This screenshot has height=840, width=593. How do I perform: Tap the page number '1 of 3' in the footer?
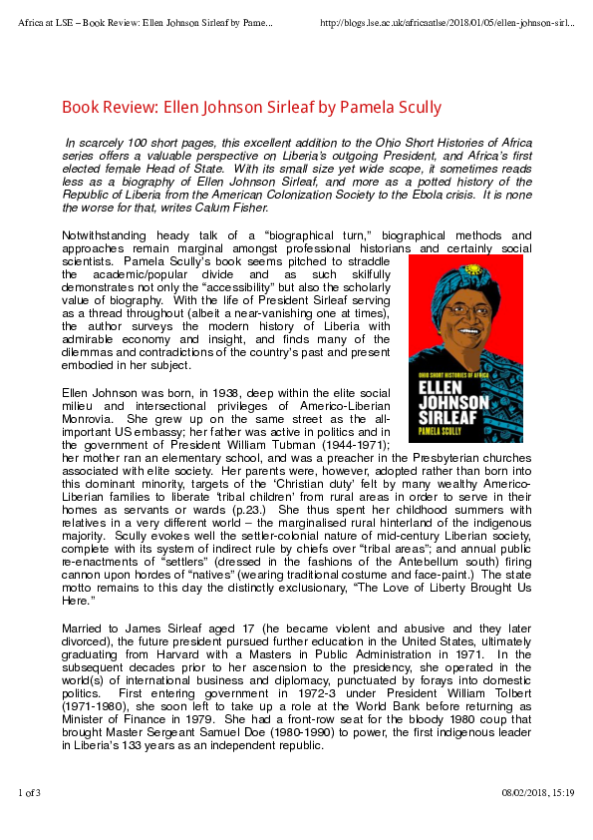pyautogui.click(x=30, y=792)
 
